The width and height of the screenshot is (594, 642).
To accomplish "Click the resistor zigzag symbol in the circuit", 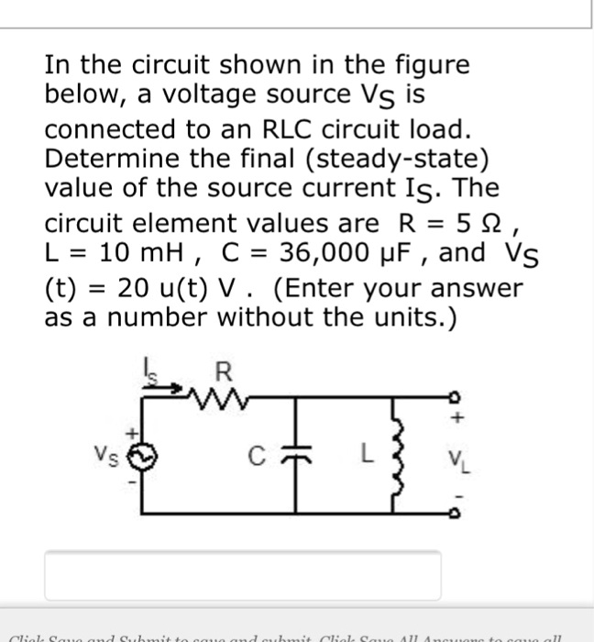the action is (225, 395).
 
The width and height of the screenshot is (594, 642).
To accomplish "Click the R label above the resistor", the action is (222, 373).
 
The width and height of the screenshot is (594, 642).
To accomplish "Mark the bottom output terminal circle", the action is (452, 512).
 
